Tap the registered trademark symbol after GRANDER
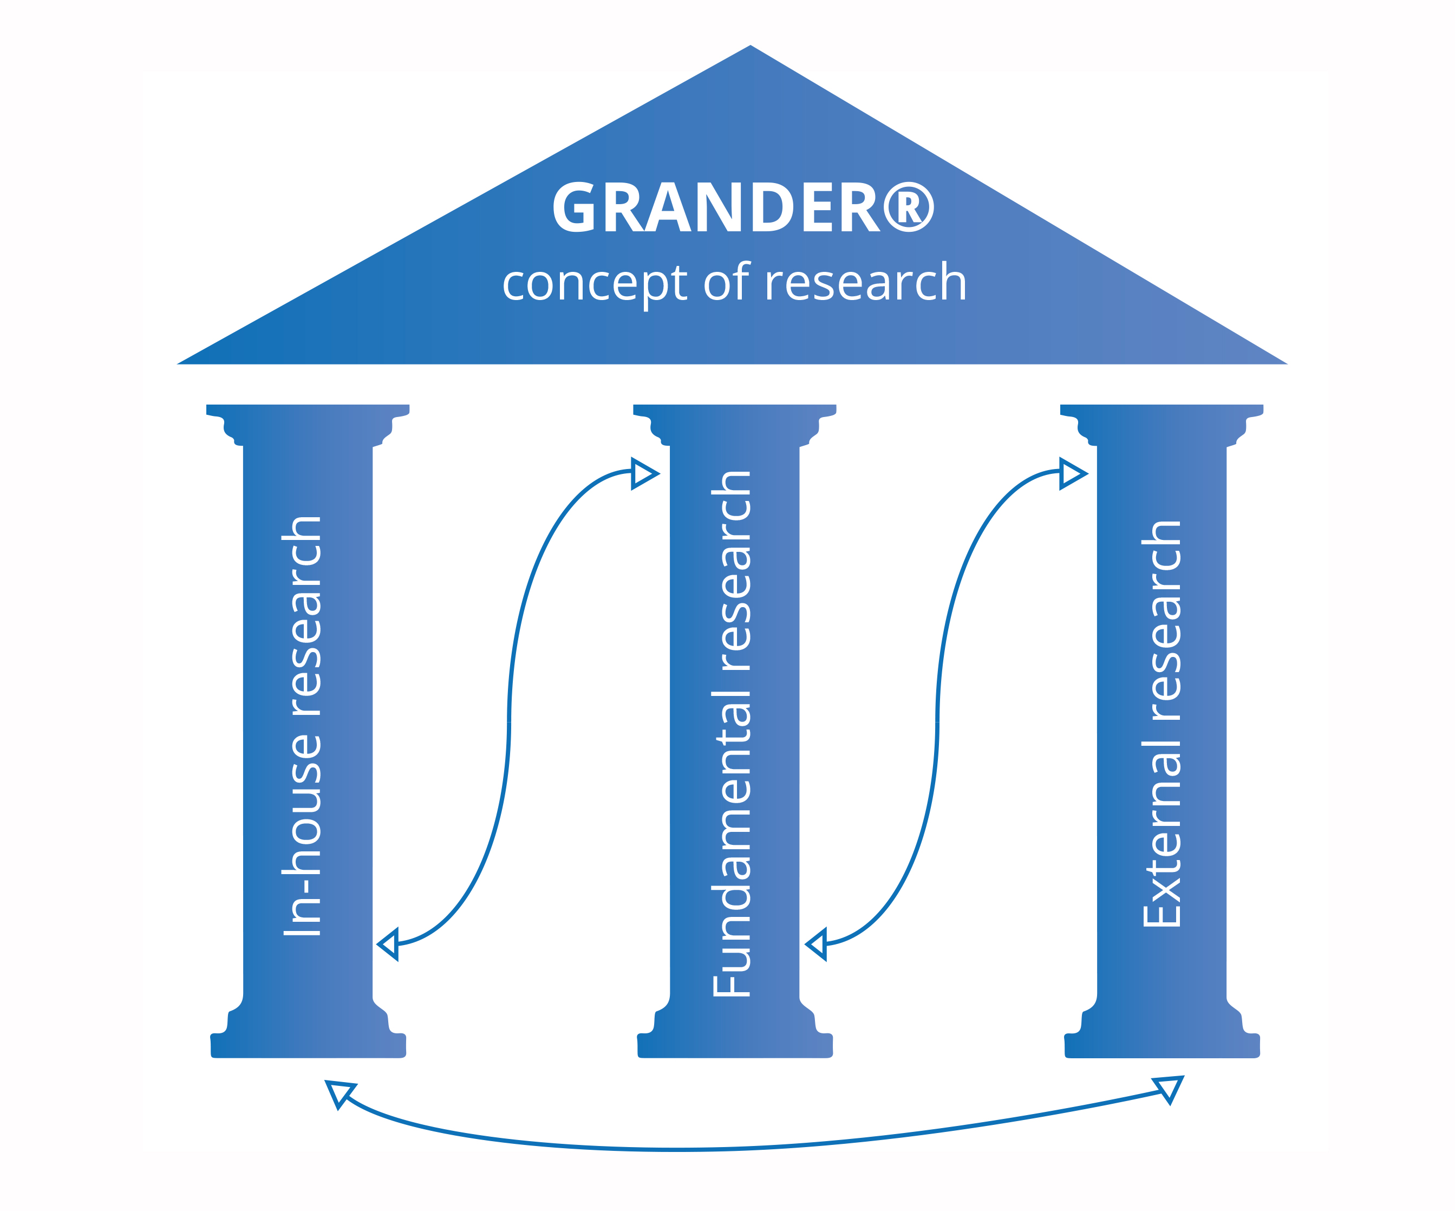(908, 206)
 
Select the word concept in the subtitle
(595, 284)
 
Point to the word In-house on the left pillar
(303, 832)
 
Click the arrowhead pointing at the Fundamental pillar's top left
(643, 474)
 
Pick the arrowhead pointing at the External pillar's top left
(1071, 474)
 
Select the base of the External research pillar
(1162, 1045)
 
